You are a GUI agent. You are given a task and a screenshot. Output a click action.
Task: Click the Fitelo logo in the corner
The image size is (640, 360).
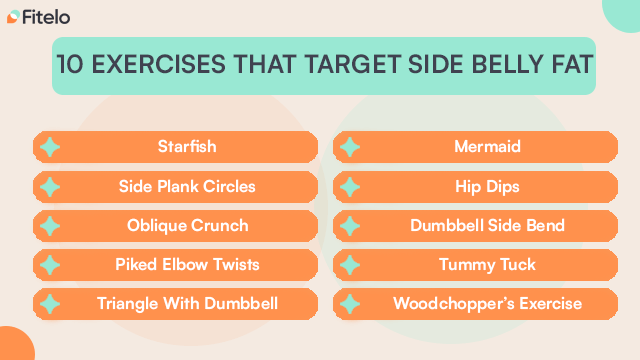click(x=37, y=16)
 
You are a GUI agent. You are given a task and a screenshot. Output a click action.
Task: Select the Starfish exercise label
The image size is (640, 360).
click(x=187, y=147)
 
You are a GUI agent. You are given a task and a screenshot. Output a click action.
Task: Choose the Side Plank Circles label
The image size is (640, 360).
click(x=187, y=186)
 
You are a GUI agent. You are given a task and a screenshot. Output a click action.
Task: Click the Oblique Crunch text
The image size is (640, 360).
click(x=187, y=225)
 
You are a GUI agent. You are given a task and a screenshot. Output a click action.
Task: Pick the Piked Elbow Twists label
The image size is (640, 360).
click(x=187, y=264)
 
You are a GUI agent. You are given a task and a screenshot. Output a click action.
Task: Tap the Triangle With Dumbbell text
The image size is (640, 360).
click(x=187, y=303)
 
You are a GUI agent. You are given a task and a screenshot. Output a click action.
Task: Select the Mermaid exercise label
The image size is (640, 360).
click(x=487, y=147)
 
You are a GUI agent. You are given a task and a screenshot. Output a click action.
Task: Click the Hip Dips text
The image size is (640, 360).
click(x=487, y=186)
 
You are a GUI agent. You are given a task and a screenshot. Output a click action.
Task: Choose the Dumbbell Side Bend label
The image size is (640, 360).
click(x=487, y=225)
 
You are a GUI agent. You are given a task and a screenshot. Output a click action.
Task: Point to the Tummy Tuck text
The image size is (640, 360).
click(x=487, y=264)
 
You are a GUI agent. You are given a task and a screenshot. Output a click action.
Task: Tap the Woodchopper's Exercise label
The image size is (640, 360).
click(x=487, y=303)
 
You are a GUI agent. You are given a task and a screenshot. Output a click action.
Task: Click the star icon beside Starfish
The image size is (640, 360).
click(x=49, y=147)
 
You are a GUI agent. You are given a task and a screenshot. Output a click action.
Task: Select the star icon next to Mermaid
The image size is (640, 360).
click(x=349, y=147)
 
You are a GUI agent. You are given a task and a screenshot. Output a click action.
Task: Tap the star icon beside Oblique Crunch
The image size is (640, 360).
click(x=49, y=225)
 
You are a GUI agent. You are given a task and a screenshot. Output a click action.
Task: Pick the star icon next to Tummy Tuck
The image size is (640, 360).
click(x=349, y=264)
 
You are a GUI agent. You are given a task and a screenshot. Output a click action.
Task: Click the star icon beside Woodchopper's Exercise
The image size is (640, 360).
click(x=349, y=303)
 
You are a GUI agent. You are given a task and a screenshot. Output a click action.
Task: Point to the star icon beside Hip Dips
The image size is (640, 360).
click(x=349, y=186)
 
